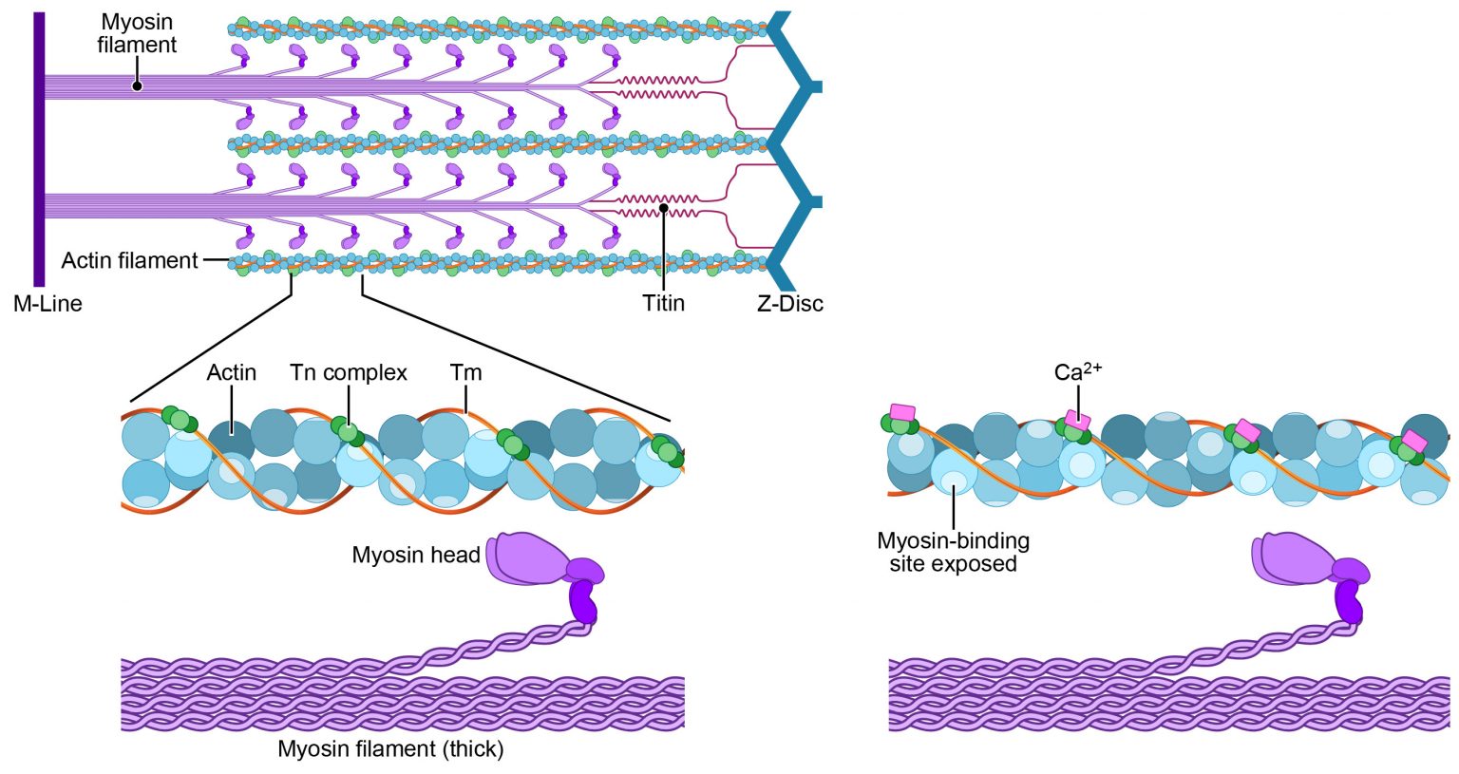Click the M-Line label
[47, 304]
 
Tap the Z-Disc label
[789, 304]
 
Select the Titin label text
[663, 304]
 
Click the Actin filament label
[130, 260]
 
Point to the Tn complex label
[349, 373]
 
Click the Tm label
[465, 373]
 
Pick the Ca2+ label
[1078, 371]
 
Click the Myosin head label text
[416, 555]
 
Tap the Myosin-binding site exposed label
[953, 552]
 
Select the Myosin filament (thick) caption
[390, 748]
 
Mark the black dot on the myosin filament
[138, 86]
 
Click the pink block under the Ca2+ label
[1078, 419]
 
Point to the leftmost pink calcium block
[901, 412]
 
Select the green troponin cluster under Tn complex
[348, 431]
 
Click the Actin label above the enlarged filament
[232, 373]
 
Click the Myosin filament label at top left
[138, 33]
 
